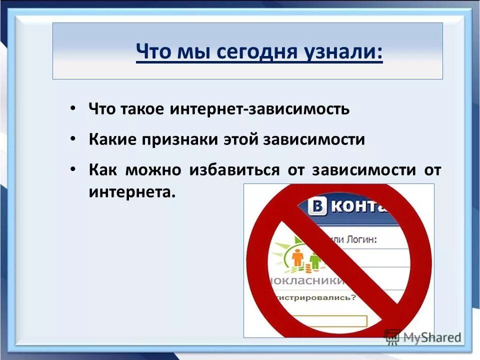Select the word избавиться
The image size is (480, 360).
pos(234,170)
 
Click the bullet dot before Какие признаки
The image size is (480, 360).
pos(73,139)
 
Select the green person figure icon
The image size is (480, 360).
pos(315,260)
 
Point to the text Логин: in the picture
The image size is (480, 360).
pos(361,239)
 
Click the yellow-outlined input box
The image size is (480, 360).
pos(330,321)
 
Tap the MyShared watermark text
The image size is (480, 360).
pos(431,336)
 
